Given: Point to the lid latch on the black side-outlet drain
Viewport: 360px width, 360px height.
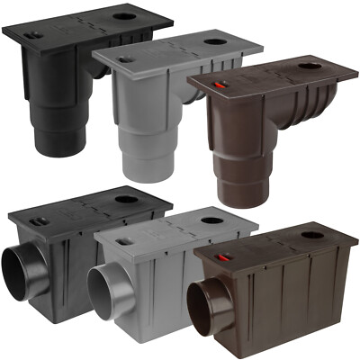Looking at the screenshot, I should tap(37, 220).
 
